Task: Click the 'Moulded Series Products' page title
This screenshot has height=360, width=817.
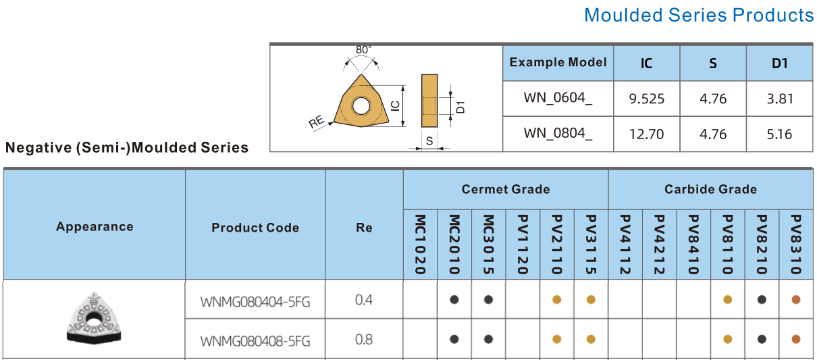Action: click(x=699, y=16)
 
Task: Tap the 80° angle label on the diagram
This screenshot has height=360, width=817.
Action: click(x=363, y=49)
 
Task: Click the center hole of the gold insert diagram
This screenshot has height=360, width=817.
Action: click(x=361, y=106)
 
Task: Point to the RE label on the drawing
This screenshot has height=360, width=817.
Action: click(x=316, y=122)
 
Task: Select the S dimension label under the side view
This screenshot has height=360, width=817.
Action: click(x=429, y=140)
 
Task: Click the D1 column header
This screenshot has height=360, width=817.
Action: click(x=779, y=63)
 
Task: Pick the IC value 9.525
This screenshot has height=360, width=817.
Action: click(x=646, y=99)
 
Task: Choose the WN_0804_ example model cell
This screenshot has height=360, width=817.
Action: click(x=558, y=134)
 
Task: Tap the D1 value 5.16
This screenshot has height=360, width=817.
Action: click(x=779, y=134)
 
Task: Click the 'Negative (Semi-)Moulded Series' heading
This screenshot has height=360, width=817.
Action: click(x=126, y=148)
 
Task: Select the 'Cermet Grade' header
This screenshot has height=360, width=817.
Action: click(x=506, y=189)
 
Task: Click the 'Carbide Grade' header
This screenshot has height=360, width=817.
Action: click(x=710, y=189)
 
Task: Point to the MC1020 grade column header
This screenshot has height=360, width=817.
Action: click(x=420, y=245)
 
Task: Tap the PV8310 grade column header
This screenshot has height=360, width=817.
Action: click(x=796, y=245)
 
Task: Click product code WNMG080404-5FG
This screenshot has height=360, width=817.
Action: click(x=255, y=302)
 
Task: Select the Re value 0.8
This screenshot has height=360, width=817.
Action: click(x=364, y=340)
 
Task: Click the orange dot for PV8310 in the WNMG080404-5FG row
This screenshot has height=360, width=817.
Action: click(x=796, y=299)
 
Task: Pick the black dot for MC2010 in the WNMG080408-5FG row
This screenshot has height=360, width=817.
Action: click(x=454, y=339)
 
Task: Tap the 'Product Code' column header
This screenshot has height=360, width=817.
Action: click(x=255, y=228)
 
